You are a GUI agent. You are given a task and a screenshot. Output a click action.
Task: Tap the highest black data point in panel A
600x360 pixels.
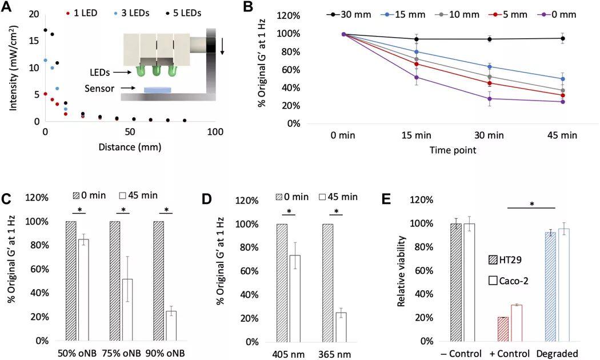tap(46, 30)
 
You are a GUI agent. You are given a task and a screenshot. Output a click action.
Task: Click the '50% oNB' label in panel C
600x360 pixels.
tap(77, 353)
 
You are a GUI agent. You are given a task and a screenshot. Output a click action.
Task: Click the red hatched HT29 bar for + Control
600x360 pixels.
tap(503, 329)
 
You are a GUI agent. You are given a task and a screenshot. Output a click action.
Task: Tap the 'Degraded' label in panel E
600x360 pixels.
tap(557, 353)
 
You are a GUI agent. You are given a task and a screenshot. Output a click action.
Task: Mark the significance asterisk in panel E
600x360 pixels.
tap(531, 204)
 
